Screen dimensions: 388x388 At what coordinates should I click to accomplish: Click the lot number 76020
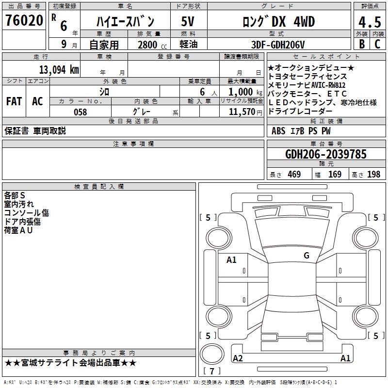(x=24, y=20)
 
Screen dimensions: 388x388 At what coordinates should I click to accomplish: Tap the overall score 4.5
(x=370, y=22)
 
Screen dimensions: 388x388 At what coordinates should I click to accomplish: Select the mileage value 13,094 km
(x=59, y=70)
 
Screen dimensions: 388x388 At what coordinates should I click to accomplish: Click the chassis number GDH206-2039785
(x=325, y=154)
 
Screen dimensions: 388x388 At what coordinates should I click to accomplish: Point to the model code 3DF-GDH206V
(x=278, y=45)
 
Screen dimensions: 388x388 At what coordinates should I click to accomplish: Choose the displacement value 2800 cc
(x=152, y=45)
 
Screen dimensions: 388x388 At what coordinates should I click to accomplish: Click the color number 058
(x=81, y=112)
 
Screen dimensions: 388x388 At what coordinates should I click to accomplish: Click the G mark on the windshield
(x=307, y=255)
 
